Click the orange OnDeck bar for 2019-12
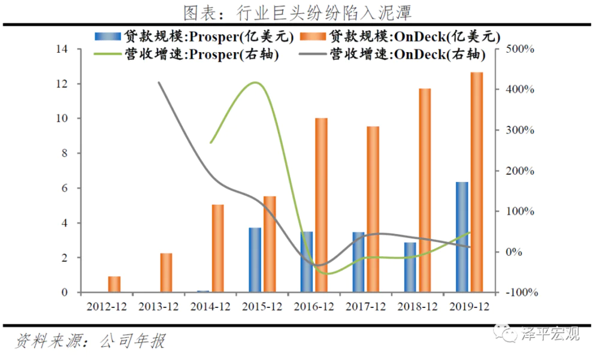click(477, 183)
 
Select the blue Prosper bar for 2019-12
click(462, 237)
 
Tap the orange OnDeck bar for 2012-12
click(114, 285)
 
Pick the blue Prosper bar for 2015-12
click(255, 260)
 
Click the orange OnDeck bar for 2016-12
click(322, 205)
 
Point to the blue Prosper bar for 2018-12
click(410, 267)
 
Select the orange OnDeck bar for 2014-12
click(218, 249)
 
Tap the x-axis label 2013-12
click(158, 307)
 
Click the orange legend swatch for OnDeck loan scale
click(311, 37)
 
